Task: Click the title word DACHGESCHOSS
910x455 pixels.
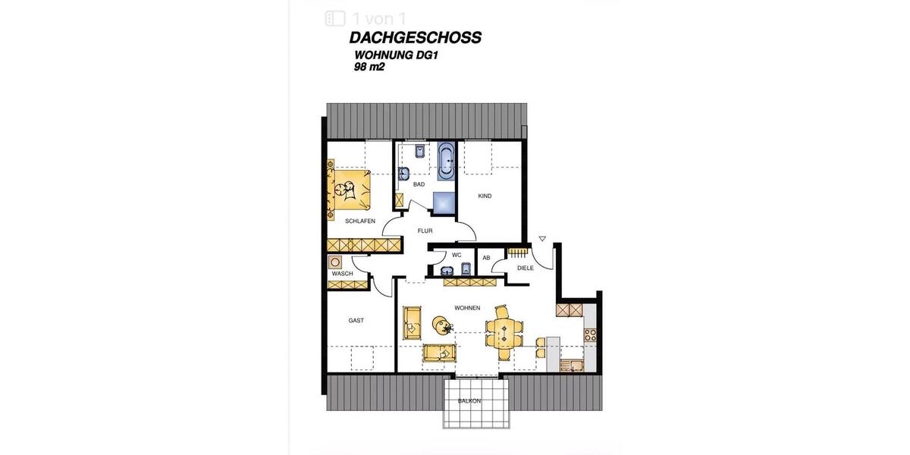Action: [x=415, y=38]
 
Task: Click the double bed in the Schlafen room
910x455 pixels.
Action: [x=350, y=190]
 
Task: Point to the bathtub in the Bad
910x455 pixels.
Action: [x=445, y=158]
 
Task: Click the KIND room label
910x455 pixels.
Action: [x=485, y=196]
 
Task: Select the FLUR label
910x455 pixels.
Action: [x=425, y=231]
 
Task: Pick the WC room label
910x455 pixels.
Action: [x=457, y=255]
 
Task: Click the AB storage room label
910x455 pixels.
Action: [x=486, y=258]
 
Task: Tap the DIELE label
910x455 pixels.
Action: [x=525, y=268]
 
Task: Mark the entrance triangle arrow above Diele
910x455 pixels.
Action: [x=542, y=239]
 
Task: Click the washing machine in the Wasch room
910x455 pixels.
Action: [x=336, y=262]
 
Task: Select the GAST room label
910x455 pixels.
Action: [x=356, y=321]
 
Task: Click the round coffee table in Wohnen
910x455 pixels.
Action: [x=441, y=325]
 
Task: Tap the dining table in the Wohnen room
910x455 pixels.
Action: [x=504, y=331]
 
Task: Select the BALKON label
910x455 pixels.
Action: [x=469, y=400]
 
